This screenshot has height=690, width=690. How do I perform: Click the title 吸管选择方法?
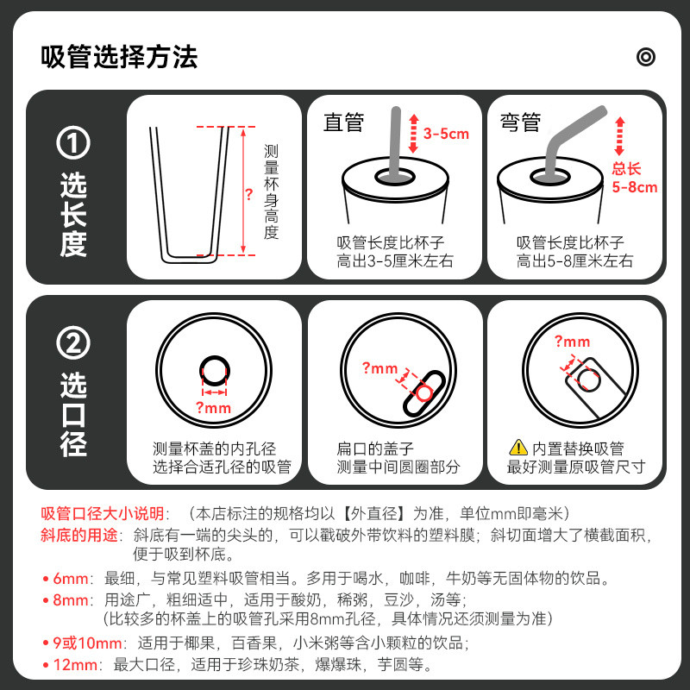119,57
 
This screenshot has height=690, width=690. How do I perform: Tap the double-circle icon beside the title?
645,57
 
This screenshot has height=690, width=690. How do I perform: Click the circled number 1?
73,142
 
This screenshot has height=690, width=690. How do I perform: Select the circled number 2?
73,342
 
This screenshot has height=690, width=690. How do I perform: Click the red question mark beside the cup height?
249,194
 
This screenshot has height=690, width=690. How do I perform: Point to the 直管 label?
343,122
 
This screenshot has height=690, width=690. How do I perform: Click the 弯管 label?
520,122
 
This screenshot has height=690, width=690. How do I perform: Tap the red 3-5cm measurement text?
446,134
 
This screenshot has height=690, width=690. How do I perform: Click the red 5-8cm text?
635,187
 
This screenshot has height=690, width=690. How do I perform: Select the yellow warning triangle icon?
518,448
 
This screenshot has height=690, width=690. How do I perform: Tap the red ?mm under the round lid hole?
213,408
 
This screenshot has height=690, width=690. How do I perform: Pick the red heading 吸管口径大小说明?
102,513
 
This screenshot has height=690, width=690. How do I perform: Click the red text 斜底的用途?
79,535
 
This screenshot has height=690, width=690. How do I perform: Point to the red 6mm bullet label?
71,578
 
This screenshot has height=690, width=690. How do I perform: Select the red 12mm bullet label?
75,664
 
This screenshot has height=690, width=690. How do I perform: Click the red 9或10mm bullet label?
87,643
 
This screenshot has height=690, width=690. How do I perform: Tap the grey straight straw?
394,141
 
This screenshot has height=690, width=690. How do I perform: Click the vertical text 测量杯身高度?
271,191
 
